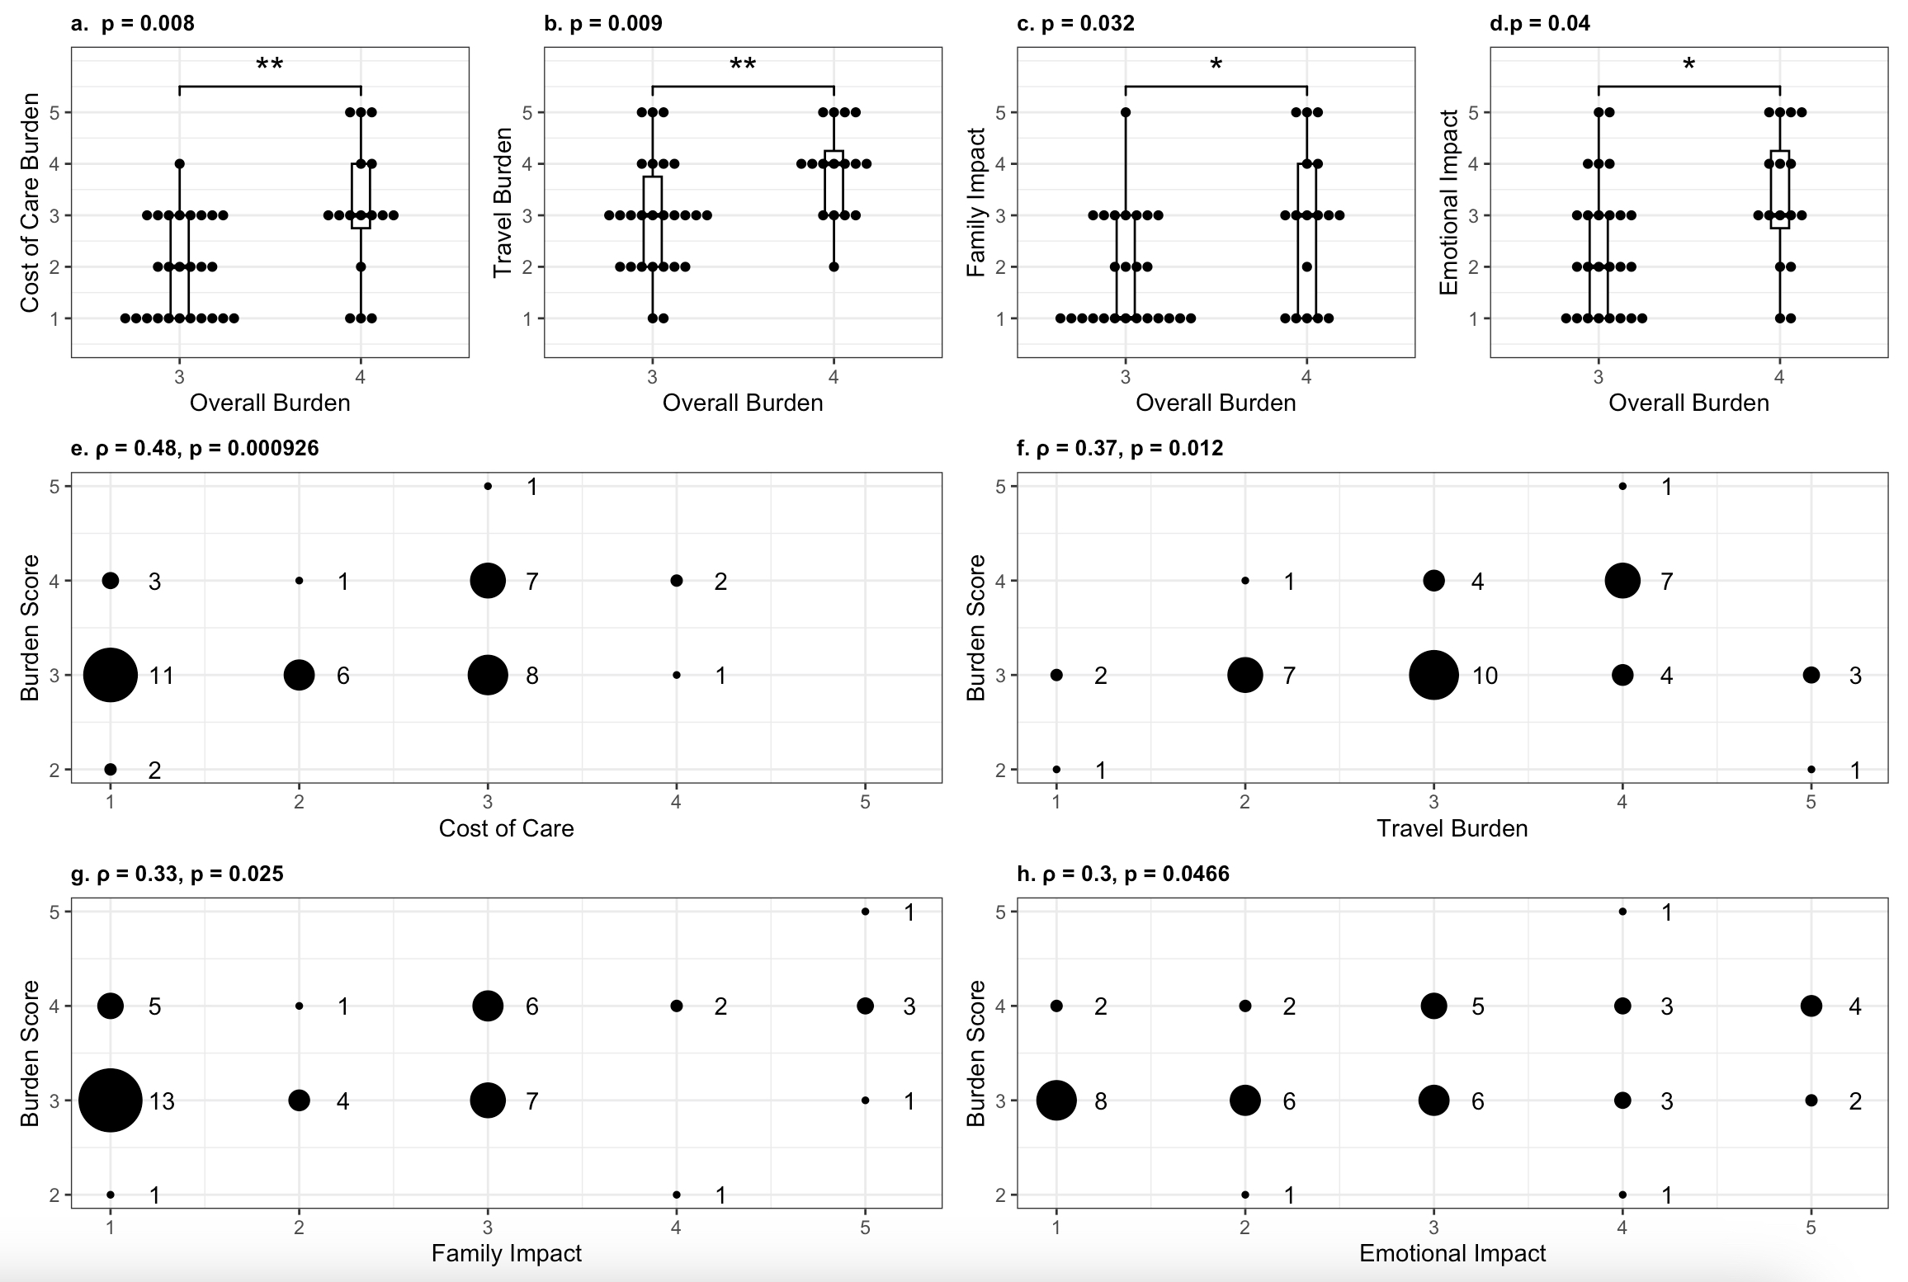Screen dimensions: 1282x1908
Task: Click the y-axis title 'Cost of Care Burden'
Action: (x=30, y=203)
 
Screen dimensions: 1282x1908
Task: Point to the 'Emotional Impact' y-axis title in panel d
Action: (x=1448, y=203)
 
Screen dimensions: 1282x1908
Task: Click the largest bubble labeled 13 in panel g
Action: (x=111, y=1100)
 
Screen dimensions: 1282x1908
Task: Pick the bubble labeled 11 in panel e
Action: (x=111, y=675)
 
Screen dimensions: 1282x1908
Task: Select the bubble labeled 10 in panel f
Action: (x=1433, y=675)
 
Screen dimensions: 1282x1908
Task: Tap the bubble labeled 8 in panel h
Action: (x=1056, y=1100)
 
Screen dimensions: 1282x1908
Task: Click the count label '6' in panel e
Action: (x=343, y=676)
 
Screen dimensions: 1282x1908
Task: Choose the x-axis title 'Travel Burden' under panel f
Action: (x=1452, y=828)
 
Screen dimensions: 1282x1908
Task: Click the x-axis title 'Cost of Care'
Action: (x=506, y=828)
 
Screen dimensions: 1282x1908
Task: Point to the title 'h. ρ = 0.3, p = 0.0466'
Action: (x=1123, y=874)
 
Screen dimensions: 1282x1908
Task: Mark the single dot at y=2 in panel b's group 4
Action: (x=834, y=266)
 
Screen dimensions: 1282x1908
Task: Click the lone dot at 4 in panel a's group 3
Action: (x=180, y=163)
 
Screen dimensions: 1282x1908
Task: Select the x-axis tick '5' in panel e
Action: (x=865, y=802)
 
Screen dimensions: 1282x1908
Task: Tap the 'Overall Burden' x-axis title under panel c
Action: (x=1216, y=403)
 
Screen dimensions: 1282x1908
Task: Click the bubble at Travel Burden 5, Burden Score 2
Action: (x=1811, y=769)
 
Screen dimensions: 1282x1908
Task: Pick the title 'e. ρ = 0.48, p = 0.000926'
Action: (x=195, y=448)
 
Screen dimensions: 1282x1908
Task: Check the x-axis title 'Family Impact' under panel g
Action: (x=506, y=1253)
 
